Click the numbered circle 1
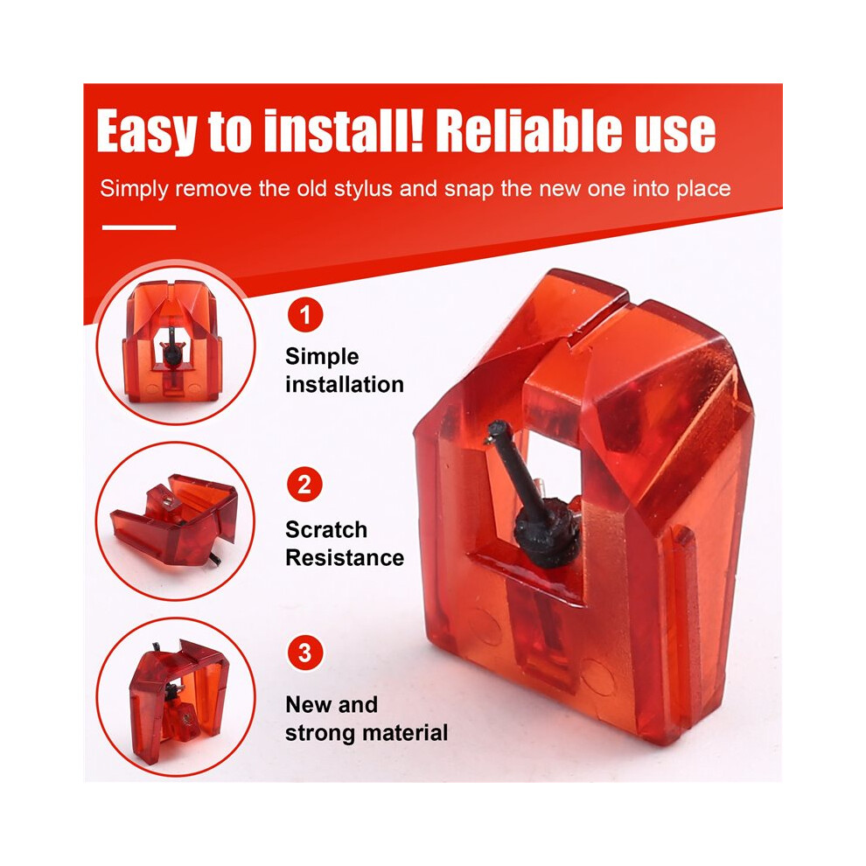[x=305, y=315]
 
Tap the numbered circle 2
[x=304, y=485]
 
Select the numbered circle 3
[x=305, y=653]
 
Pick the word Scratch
[x=326, y=529]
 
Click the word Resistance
[x=345, y=558]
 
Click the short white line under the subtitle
[x=139, y=227]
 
